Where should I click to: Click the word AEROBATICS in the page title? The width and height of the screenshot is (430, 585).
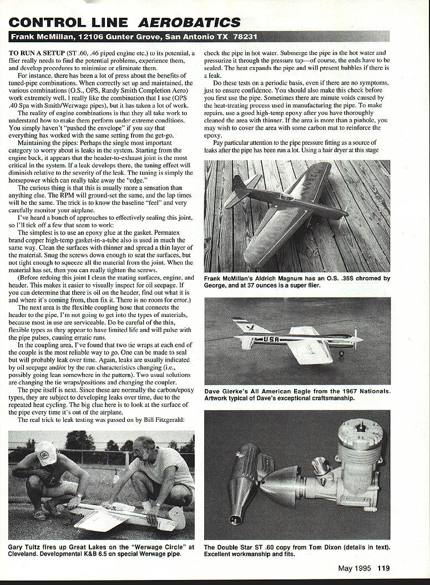coord(189,22)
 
